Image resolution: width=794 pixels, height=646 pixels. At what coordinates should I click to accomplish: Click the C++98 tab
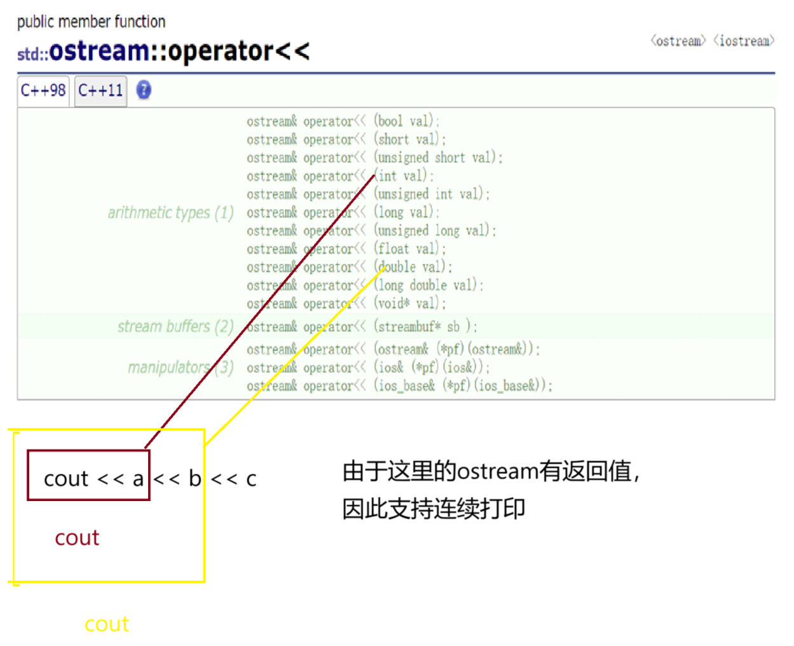point(43,90)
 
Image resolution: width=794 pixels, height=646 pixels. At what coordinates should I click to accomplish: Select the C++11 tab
point(100,90)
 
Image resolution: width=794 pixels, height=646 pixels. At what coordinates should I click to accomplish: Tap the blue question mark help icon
point(144,90)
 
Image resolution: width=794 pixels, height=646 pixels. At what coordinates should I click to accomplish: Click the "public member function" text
point(91,22)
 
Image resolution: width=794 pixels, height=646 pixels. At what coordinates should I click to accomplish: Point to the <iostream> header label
point(744,41)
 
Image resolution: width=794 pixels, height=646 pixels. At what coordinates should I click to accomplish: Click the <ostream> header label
point(678,41)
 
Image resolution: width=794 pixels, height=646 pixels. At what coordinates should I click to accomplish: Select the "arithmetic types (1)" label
point(170,212)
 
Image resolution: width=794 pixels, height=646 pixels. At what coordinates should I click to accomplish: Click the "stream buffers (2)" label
point(175,326)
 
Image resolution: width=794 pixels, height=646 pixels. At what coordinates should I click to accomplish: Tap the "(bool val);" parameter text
point(406,121)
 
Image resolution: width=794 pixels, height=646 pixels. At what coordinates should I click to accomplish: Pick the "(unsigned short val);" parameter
point(438,158)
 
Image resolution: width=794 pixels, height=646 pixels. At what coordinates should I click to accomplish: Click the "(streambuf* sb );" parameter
point(425,327)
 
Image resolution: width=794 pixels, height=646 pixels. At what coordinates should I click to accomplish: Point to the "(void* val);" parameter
point(409,303)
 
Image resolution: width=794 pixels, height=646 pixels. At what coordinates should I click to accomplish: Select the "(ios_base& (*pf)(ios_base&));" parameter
point(463,385)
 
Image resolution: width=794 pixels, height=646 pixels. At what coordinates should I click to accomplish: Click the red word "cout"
point(77,538)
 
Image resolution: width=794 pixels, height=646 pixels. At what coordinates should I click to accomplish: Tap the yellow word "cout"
point(107,624)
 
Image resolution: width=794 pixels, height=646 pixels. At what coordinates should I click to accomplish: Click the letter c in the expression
point(251,479)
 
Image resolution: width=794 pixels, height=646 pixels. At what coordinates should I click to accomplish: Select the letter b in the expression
point(195,478)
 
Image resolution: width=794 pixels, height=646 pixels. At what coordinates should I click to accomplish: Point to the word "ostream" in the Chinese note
point(498,472)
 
